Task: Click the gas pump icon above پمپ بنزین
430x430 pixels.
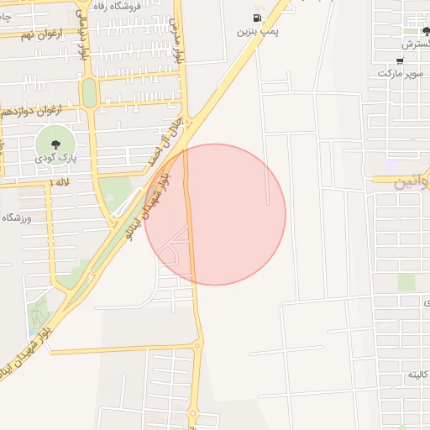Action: [256, 18]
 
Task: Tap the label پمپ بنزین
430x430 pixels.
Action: [256, 32]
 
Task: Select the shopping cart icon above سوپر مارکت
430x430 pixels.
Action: [399, 60]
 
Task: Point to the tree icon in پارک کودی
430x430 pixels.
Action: [55, 144]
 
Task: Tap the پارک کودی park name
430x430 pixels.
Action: [55, 158]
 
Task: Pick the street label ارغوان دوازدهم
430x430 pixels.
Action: [30, 110]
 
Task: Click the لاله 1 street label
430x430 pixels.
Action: [60, 181]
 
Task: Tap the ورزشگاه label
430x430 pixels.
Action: [16, 218]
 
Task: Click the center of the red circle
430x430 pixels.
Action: [215, 214]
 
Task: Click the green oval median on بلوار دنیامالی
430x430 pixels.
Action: [89, 92]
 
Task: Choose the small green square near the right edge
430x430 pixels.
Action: [406, 282]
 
